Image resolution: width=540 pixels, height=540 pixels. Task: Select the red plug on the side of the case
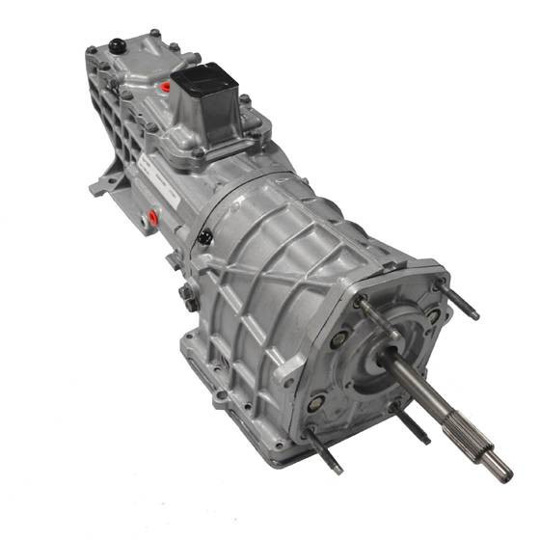coord(152,219)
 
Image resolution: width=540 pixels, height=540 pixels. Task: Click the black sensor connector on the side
coord(203,236)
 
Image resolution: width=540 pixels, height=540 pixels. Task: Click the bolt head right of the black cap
coord(153,36)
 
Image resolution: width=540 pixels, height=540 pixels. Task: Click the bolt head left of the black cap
coord(93,50)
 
